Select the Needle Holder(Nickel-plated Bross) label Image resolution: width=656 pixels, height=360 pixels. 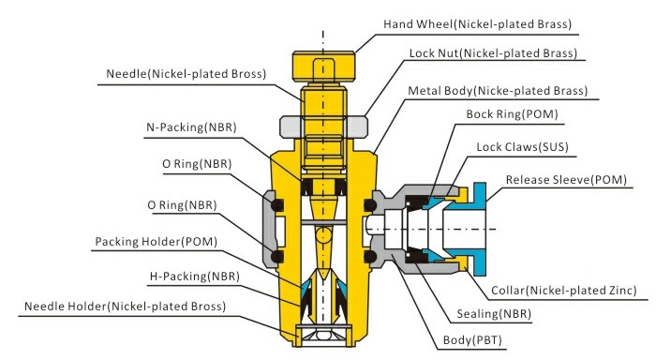coord(125,306)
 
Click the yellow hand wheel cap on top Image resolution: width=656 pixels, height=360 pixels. coord(322,66)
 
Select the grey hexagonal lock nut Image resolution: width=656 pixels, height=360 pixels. coord(322,125)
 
